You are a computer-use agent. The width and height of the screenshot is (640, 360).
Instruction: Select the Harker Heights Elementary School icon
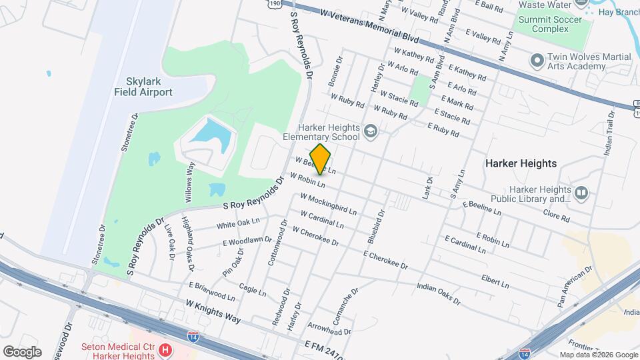[371, 132]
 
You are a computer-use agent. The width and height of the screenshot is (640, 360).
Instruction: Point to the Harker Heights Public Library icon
[581, 193]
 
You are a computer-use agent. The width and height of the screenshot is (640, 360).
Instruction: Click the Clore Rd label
[556, 217]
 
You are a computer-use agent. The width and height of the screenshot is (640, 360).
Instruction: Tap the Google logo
[22, 351]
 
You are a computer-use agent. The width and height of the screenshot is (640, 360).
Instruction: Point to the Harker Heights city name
[521, 163]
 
